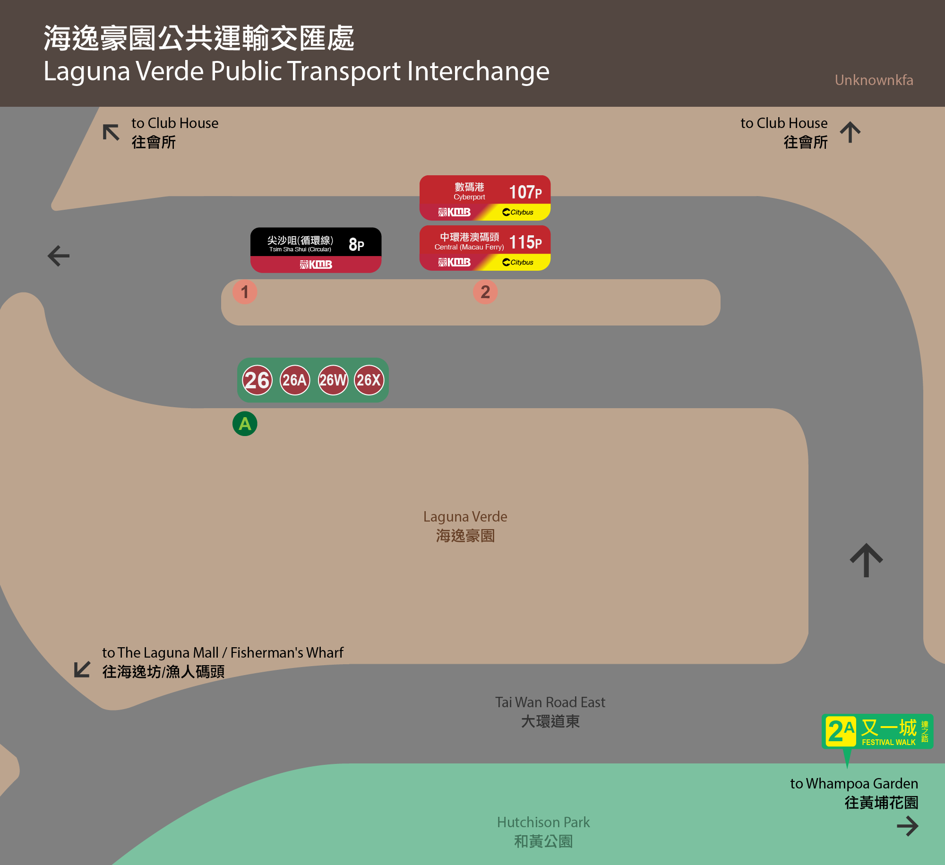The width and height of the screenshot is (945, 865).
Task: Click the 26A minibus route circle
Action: tap(295, 380)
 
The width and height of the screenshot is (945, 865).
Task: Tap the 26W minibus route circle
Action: tap(333, 380)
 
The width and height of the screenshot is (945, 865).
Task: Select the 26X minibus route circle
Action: tap(369, 380)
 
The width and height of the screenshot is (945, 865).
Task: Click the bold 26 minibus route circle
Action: tap(257, 380)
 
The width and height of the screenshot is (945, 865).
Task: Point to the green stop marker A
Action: tap(245, 424)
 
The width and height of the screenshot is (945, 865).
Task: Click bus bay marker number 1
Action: tap(245, 292)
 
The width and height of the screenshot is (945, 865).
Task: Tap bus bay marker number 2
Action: tap(485, 292)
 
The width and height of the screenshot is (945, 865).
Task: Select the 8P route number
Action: tap(356, 244)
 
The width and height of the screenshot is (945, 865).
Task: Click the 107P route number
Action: tap(525, 192)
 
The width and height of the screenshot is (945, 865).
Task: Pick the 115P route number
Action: tap(525, 242)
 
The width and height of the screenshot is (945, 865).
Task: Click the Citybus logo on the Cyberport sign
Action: tap(518, 212)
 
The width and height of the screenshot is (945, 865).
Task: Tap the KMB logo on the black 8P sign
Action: tap(316, 265)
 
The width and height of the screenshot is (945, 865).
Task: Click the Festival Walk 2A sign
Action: tap(877, 732)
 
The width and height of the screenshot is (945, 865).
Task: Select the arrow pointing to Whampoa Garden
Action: tap(908, 826)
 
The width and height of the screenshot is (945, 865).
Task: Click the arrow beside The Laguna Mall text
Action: tap(82, 669)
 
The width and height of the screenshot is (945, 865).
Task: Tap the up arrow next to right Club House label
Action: tap(850, 132)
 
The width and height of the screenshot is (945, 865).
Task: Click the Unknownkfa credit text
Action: tap(874, 80)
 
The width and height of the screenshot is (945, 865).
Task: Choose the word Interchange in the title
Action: tap(478, 72)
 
